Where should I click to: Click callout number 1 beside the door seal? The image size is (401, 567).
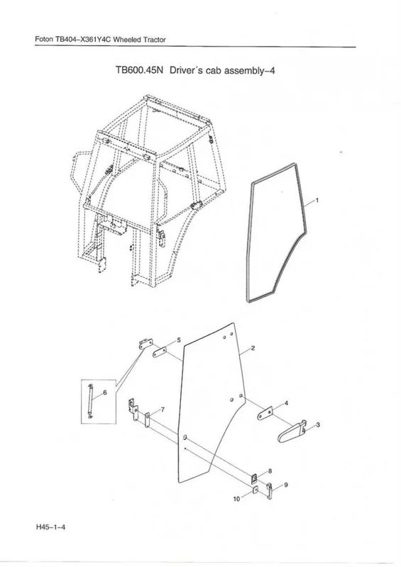(x=317, y=200)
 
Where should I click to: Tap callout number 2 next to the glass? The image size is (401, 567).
(x=253, y=348)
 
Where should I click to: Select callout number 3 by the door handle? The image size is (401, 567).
(x=318, y=425)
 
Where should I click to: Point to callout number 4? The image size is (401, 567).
(x=286, y=403)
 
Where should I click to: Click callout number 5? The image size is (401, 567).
(x=178, y=340)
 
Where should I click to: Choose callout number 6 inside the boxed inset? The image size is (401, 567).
(x=105, y=393)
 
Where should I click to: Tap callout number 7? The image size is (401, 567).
(x=163, y=410)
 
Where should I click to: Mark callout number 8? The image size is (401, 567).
(x=270, y=471)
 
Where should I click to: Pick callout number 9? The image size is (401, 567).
(x=286, y=485)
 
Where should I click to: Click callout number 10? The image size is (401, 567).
(x=236, y=499)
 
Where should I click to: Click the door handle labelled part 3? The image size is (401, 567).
(x=292, y=432)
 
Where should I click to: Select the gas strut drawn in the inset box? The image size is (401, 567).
(x=90, y=401)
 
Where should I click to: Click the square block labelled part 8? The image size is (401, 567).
(x=255, y=478)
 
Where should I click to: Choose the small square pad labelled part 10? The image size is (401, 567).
(x=255, y=490)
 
